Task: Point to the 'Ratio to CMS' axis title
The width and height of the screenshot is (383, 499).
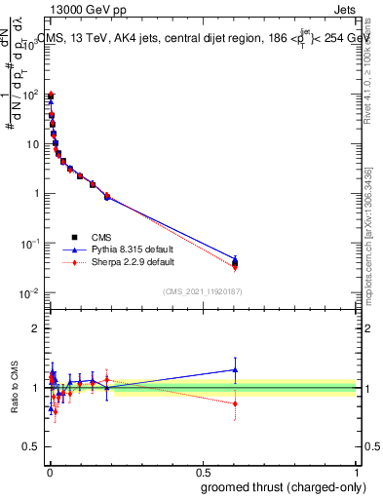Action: pos(15,388)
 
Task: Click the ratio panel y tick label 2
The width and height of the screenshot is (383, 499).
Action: pos(35,328)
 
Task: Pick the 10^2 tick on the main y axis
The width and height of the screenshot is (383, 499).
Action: pos(31,95)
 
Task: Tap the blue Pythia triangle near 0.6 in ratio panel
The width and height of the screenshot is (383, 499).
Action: pos(235,369)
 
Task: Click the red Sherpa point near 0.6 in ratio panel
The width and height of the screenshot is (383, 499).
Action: pos(235,403)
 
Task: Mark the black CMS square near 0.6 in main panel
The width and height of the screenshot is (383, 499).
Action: pos(235,262)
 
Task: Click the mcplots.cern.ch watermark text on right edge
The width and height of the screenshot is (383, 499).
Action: pos(373,244)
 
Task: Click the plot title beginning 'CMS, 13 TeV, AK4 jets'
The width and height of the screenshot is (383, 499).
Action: pos(204,38)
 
